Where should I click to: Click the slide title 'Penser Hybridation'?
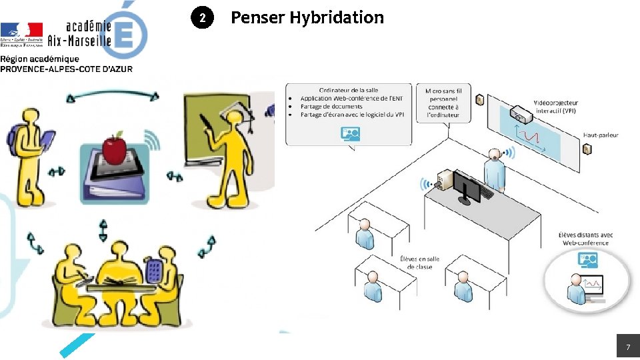coord(307,17)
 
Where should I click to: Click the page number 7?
coord(627,347)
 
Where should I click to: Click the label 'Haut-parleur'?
coord(601,135)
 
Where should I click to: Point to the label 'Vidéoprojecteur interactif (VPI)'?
coord(555,107)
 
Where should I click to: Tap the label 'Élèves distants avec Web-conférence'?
coord(586,239)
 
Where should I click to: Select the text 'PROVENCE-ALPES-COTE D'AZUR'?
coord(66,69)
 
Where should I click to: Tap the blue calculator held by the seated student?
coord(154,269)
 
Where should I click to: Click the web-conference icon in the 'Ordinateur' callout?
coord(351,134)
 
